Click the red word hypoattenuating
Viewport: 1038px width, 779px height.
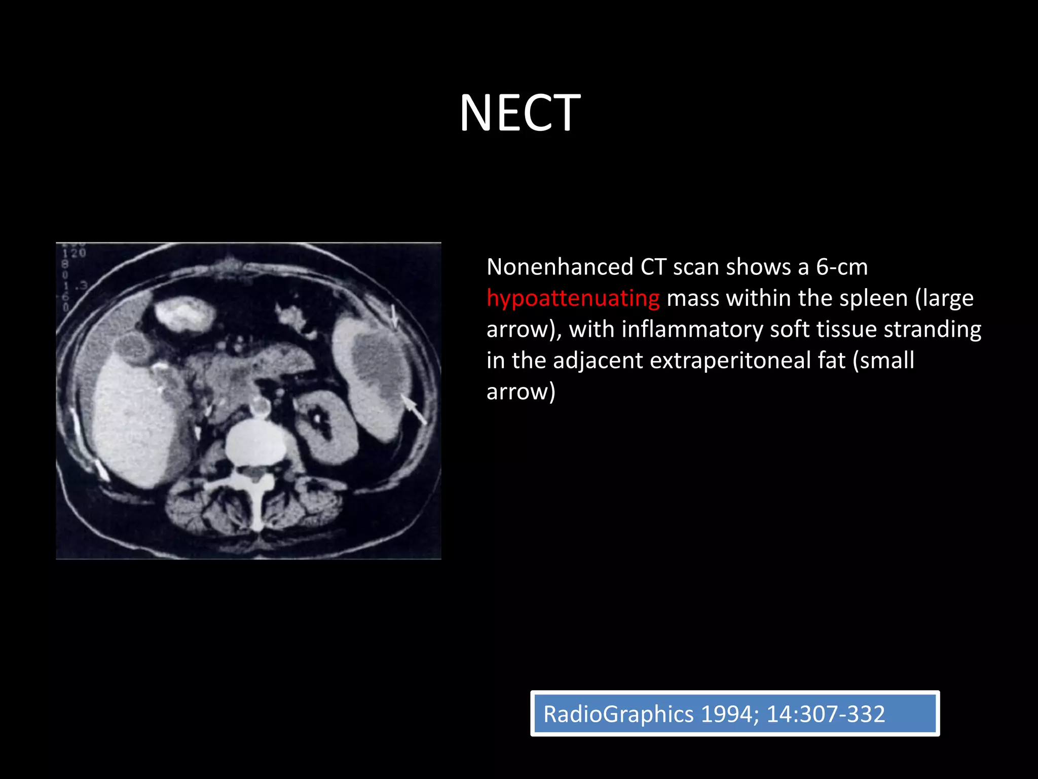click(573, 298)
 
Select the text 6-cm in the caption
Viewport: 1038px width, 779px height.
click(841, 267)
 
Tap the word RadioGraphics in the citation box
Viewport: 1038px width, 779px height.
click(618, 714)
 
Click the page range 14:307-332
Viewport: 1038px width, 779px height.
click(826, 714)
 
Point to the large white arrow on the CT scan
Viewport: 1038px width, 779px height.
click(415, 410)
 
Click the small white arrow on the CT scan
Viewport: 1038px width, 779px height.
click(394, 315)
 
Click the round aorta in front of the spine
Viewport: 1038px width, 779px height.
click(261, 406)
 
